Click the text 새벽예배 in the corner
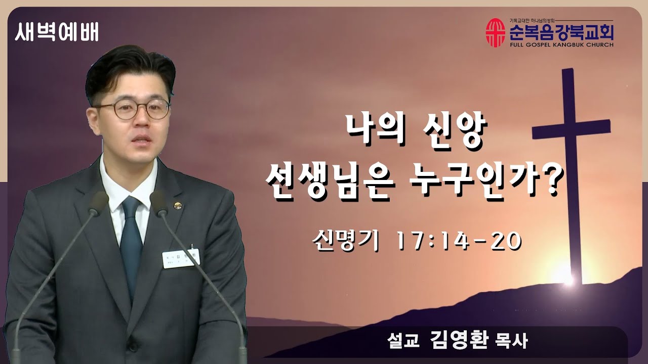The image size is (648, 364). pos(57,33)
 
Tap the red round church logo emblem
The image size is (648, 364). pos(495,32)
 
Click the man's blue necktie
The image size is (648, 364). pos(131,243)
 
